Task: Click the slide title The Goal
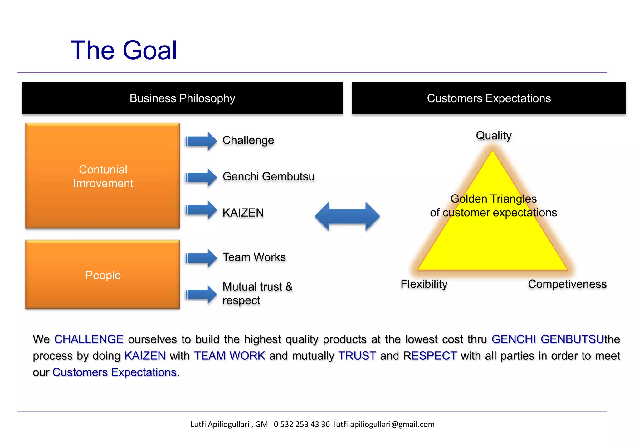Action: tap(124, 50)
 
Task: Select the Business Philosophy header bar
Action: tap(182, 98)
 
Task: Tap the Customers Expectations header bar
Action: tap(489, 98)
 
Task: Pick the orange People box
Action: tap(103, 275)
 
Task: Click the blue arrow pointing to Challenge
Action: tap(201, 141)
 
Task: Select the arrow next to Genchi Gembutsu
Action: tap(201, 177)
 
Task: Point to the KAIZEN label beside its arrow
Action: tap(243, 213)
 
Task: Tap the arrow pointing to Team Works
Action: tap(201, 258)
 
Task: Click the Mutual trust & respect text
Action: tap(257, 293)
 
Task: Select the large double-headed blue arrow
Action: tap(347, 216)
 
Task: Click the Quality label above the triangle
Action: tap(494, 136)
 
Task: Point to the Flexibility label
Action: tap(424, 284)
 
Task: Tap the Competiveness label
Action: tap(567, 284)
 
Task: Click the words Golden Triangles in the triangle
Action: tap(494, 199)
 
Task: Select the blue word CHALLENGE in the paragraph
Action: tap(89, 339)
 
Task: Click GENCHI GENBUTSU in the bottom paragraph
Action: tap(548, 339)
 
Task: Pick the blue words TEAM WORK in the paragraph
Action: tap(229, 356)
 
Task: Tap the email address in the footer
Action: tap(384, 424)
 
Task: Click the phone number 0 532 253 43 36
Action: tap(302, 424)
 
